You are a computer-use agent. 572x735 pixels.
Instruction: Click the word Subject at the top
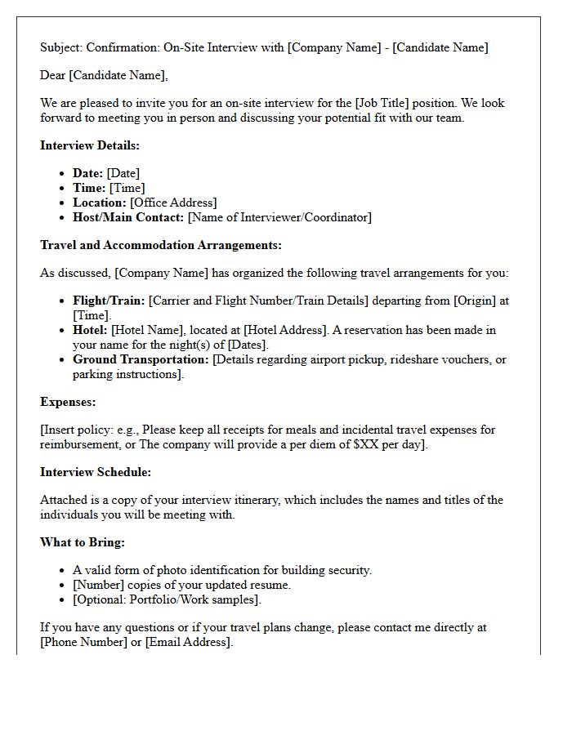point(60,47)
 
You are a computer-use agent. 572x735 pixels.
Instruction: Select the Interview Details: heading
point(90,145)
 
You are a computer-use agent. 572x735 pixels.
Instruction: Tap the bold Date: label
point(88,173)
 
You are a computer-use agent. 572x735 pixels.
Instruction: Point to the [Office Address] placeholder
point(173,203)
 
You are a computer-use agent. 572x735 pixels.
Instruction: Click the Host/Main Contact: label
point(128,217)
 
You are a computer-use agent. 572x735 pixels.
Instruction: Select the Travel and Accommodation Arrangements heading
point(161,245)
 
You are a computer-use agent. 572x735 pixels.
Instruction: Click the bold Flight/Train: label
point(109,301)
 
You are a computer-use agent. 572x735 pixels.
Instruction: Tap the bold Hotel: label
point(90,330)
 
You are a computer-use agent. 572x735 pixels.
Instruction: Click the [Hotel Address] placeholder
point(286,330)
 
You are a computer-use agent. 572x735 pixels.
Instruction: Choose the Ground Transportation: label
point(141,359)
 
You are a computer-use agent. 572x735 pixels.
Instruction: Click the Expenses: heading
point(68,402)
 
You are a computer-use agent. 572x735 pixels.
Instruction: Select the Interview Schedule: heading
point(96,472)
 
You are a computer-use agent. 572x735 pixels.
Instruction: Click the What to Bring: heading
point(83,542)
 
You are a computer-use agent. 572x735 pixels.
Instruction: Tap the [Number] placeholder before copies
point(100,585)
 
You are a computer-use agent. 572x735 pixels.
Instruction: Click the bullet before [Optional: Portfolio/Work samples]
point(63,599)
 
